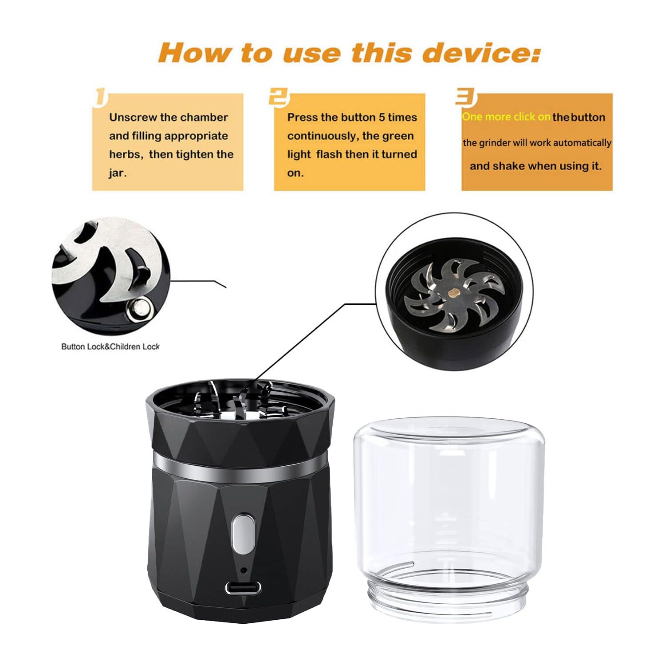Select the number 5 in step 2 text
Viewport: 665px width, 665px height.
click(x=382, y=117)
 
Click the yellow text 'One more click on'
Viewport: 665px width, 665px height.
click(x=506, y=117)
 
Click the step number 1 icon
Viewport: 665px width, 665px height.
click(x=101, y=98)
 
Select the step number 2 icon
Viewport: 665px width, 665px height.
click(x=279, y=98)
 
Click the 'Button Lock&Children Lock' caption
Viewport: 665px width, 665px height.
click(x=110, y=346)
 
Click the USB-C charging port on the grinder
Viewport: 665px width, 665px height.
click(x=243, y=588)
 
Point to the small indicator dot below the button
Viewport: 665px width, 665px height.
click(x=243, y=570)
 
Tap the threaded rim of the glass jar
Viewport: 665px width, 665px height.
click(x=448, y=597)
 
